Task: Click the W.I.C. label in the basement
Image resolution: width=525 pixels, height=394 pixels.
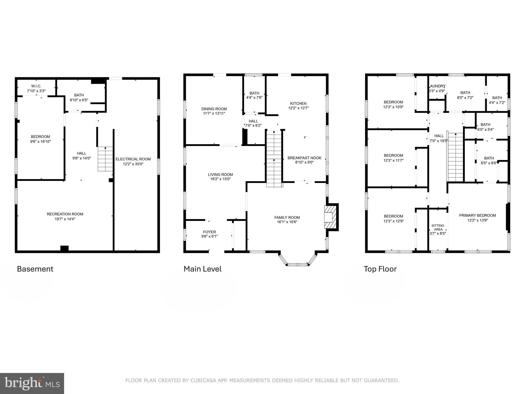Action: pos(36,86)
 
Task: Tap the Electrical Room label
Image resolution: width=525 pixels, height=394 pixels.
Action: pos(133,159)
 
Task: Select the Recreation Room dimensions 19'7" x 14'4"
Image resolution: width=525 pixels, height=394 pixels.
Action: pos(65,219)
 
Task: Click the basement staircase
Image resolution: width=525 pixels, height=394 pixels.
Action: pos(105,159)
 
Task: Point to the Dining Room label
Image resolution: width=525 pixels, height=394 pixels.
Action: pos(214,109)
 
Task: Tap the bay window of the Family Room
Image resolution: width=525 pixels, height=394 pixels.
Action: pos(297,264)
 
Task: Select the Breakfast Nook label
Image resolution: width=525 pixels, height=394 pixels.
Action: pos(304,158)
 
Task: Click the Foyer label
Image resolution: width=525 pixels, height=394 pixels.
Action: pos(209,232)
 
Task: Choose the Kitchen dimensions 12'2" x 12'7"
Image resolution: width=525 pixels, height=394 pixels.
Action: pos(298,108)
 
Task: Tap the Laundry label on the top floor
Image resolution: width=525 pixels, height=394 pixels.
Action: pos(437,86)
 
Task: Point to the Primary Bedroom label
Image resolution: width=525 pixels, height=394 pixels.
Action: pos(477,215)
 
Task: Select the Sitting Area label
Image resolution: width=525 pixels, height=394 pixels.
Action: pos(438,228)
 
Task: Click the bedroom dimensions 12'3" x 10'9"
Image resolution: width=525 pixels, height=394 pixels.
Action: pos(393,107)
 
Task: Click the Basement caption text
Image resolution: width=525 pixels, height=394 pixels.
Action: pos(35,269)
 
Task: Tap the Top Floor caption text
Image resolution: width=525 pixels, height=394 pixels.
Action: pos(380,269)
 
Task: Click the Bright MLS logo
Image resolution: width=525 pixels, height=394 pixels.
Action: pos(32,383)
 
